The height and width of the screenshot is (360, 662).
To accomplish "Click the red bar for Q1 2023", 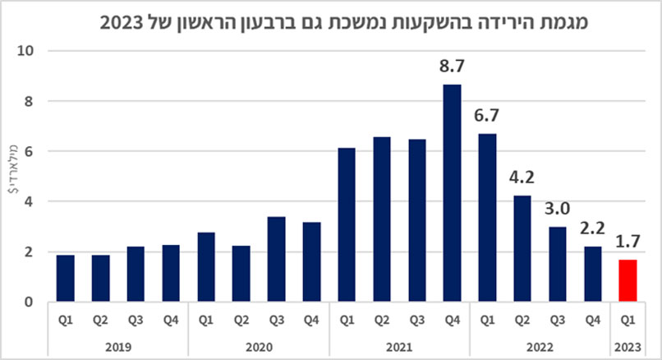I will coord(628,281).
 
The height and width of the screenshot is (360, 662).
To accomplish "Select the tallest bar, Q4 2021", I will coord(451,193).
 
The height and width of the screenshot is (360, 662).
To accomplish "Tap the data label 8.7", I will coord(451,67).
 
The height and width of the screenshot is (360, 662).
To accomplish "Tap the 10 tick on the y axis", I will coord(27,51).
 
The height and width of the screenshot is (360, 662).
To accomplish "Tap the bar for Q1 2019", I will coord(65,279).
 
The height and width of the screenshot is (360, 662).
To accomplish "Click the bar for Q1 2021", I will coord(346,225).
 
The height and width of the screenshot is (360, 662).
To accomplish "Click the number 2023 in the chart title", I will coord(120,21).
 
